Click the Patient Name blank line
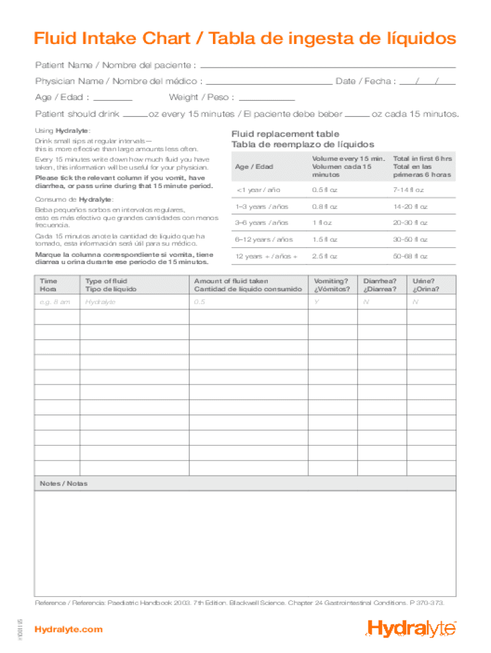point(328,66)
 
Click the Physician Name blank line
point(269,82)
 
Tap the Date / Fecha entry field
point(427,82)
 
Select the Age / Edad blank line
point(113,99)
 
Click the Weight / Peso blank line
point(267,99)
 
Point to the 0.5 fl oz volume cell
point(325,190)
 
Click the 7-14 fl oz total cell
point(409,190)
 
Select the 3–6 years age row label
point(253,223)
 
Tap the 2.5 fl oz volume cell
point(325,256)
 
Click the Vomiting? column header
point(332,285)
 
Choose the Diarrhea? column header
point(380,285)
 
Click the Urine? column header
point(425,285)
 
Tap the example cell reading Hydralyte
point(100,302)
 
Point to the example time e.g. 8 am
point(55,302)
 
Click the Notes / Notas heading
point(64,483)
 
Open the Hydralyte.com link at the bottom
point(68,629)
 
